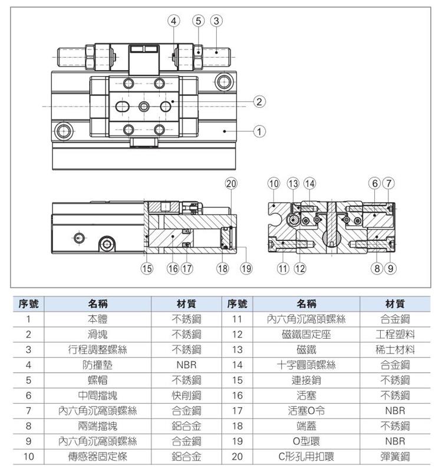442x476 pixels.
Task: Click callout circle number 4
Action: (x=174, y=20)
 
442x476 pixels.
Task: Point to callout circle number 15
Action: (x=146, y=269)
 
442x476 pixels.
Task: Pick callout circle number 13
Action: (x=293, y=183)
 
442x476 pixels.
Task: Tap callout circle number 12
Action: (x=300, y=269)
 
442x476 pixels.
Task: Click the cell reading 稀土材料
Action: (x=395, y=349)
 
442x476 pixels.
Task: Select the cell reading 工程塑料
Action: (x=395, y=334)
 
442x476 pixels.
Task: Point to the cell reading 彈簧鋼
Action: (x=395, y=455)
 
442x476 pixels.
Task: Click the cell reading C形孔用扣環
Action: (x=306, y=455)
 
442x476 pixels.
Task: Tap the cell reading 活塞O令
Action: (x=306, y=410)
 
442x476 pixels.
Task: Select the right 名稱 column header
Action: (x=306, y=304)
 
